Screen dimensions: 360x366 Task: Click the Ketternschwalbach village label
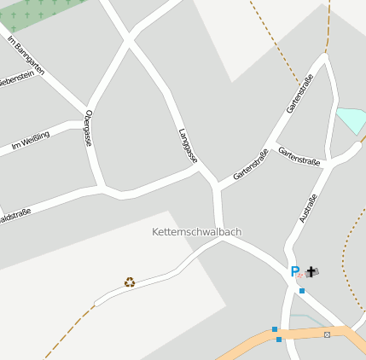[196, 231]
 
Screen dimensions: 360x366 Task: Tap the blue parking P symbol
[295, 271]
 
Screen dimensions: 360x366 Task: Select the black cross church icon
[311, 272]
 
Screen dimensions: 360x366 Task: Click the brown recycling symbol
[130, 282]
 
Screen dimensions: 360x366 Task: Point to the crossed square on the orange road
[327, 334]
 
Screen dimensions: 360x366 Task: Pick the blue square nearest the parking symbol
[301, 290]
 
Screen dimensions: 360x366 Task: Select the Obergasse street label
[88, 128]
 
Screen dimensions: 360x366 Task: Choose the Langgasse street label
[188, 146]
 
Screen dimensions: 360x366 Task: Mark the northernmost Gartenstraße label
[300, 94]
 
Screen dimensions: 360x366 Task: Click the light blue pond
[351, 120]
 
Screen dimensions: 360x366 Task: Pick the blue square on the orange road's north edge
[275, 329]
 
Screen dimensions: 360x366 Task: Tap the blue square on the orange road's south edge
[279, 340]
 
